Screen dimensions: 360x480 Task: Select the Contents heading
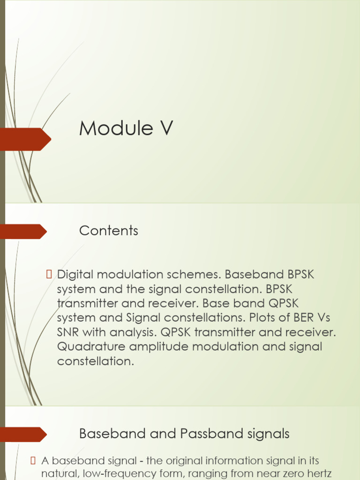(109, 231)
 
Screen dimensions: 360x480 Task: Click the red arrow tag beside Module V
(25, 139)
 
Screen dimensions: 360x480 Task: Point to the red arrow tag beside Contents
(23, 232)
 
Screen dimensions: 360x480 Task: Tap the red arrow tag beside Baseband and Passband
(23, 435)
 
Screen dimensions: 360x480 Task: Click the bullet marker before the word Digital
(49, 274)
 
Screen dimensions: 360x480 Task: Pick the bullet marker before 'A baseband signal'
(33, 460)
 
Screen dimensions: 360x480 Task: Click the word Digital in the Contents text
(75, 275)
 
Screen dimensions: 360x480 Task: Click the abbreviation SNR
(68, 332)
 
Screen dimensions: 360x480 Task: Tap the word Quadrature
(91, 346)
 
